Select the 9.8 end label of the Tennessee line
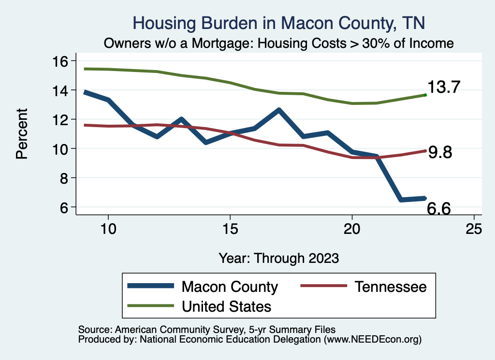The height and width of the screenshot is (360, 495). [x=440, y=152]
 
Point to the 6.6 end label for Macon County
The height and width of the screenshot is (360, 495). [x=439, y=209]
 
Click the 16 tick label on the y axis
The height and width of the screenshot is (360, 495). [x=61, y=61]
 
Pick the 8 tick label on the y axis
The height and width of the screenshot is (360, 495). [x=66, y=178]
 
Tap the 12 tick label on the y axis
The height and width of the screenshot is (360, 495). [x=61, y=119]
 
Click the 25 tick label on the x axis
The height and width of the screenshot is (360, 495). [x=474, y=229]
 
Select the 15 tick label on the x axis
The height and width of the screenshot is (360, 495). [x=230, y=229]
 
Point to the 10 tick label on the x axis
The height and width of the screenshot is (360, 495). [x=108, y=229]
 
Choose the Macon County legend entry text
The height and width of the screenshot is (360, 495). [x=230, y=287]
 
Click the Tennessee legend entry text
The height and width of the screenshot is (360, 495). [x=391, y=287]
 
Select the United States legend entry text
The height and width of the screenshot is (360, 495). [x=226, y=306]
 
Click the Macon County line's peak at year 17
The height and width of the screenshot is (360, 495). [x=279, y=111]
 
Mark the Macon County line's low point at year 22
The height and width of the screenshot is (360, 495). [x=401, y=199]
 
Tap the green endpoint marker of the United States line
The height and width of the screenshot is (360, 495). [x=425, y=95]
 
